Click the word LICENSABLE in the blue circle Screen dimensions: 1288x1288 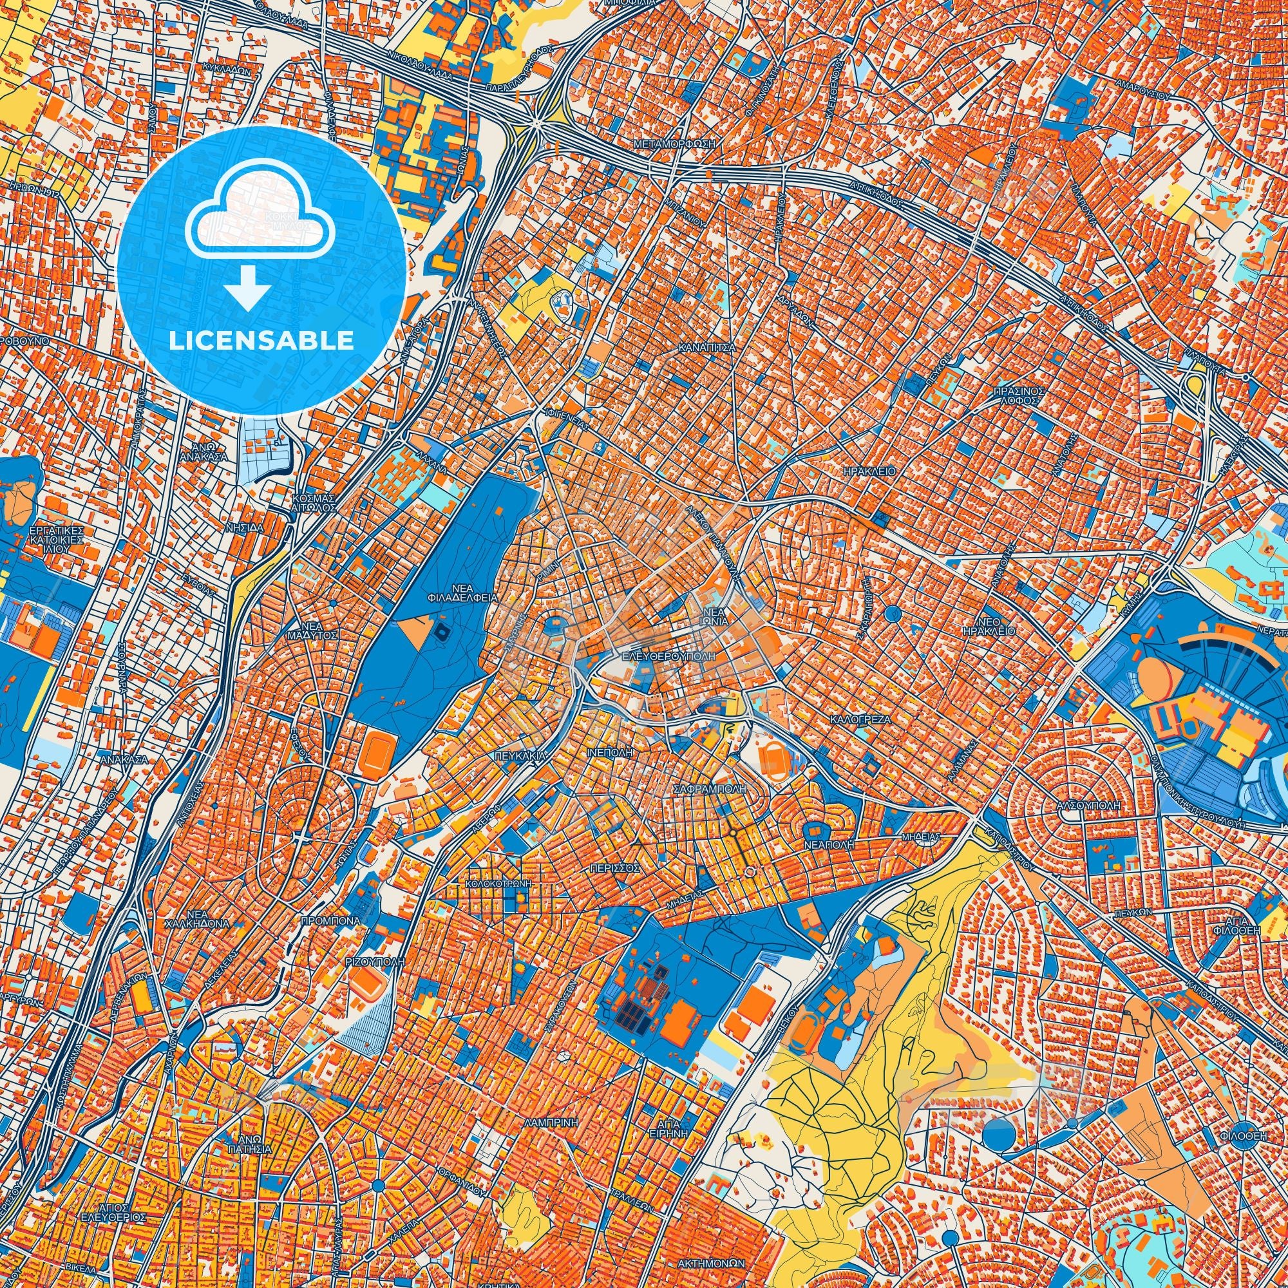tap(261, 341)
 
